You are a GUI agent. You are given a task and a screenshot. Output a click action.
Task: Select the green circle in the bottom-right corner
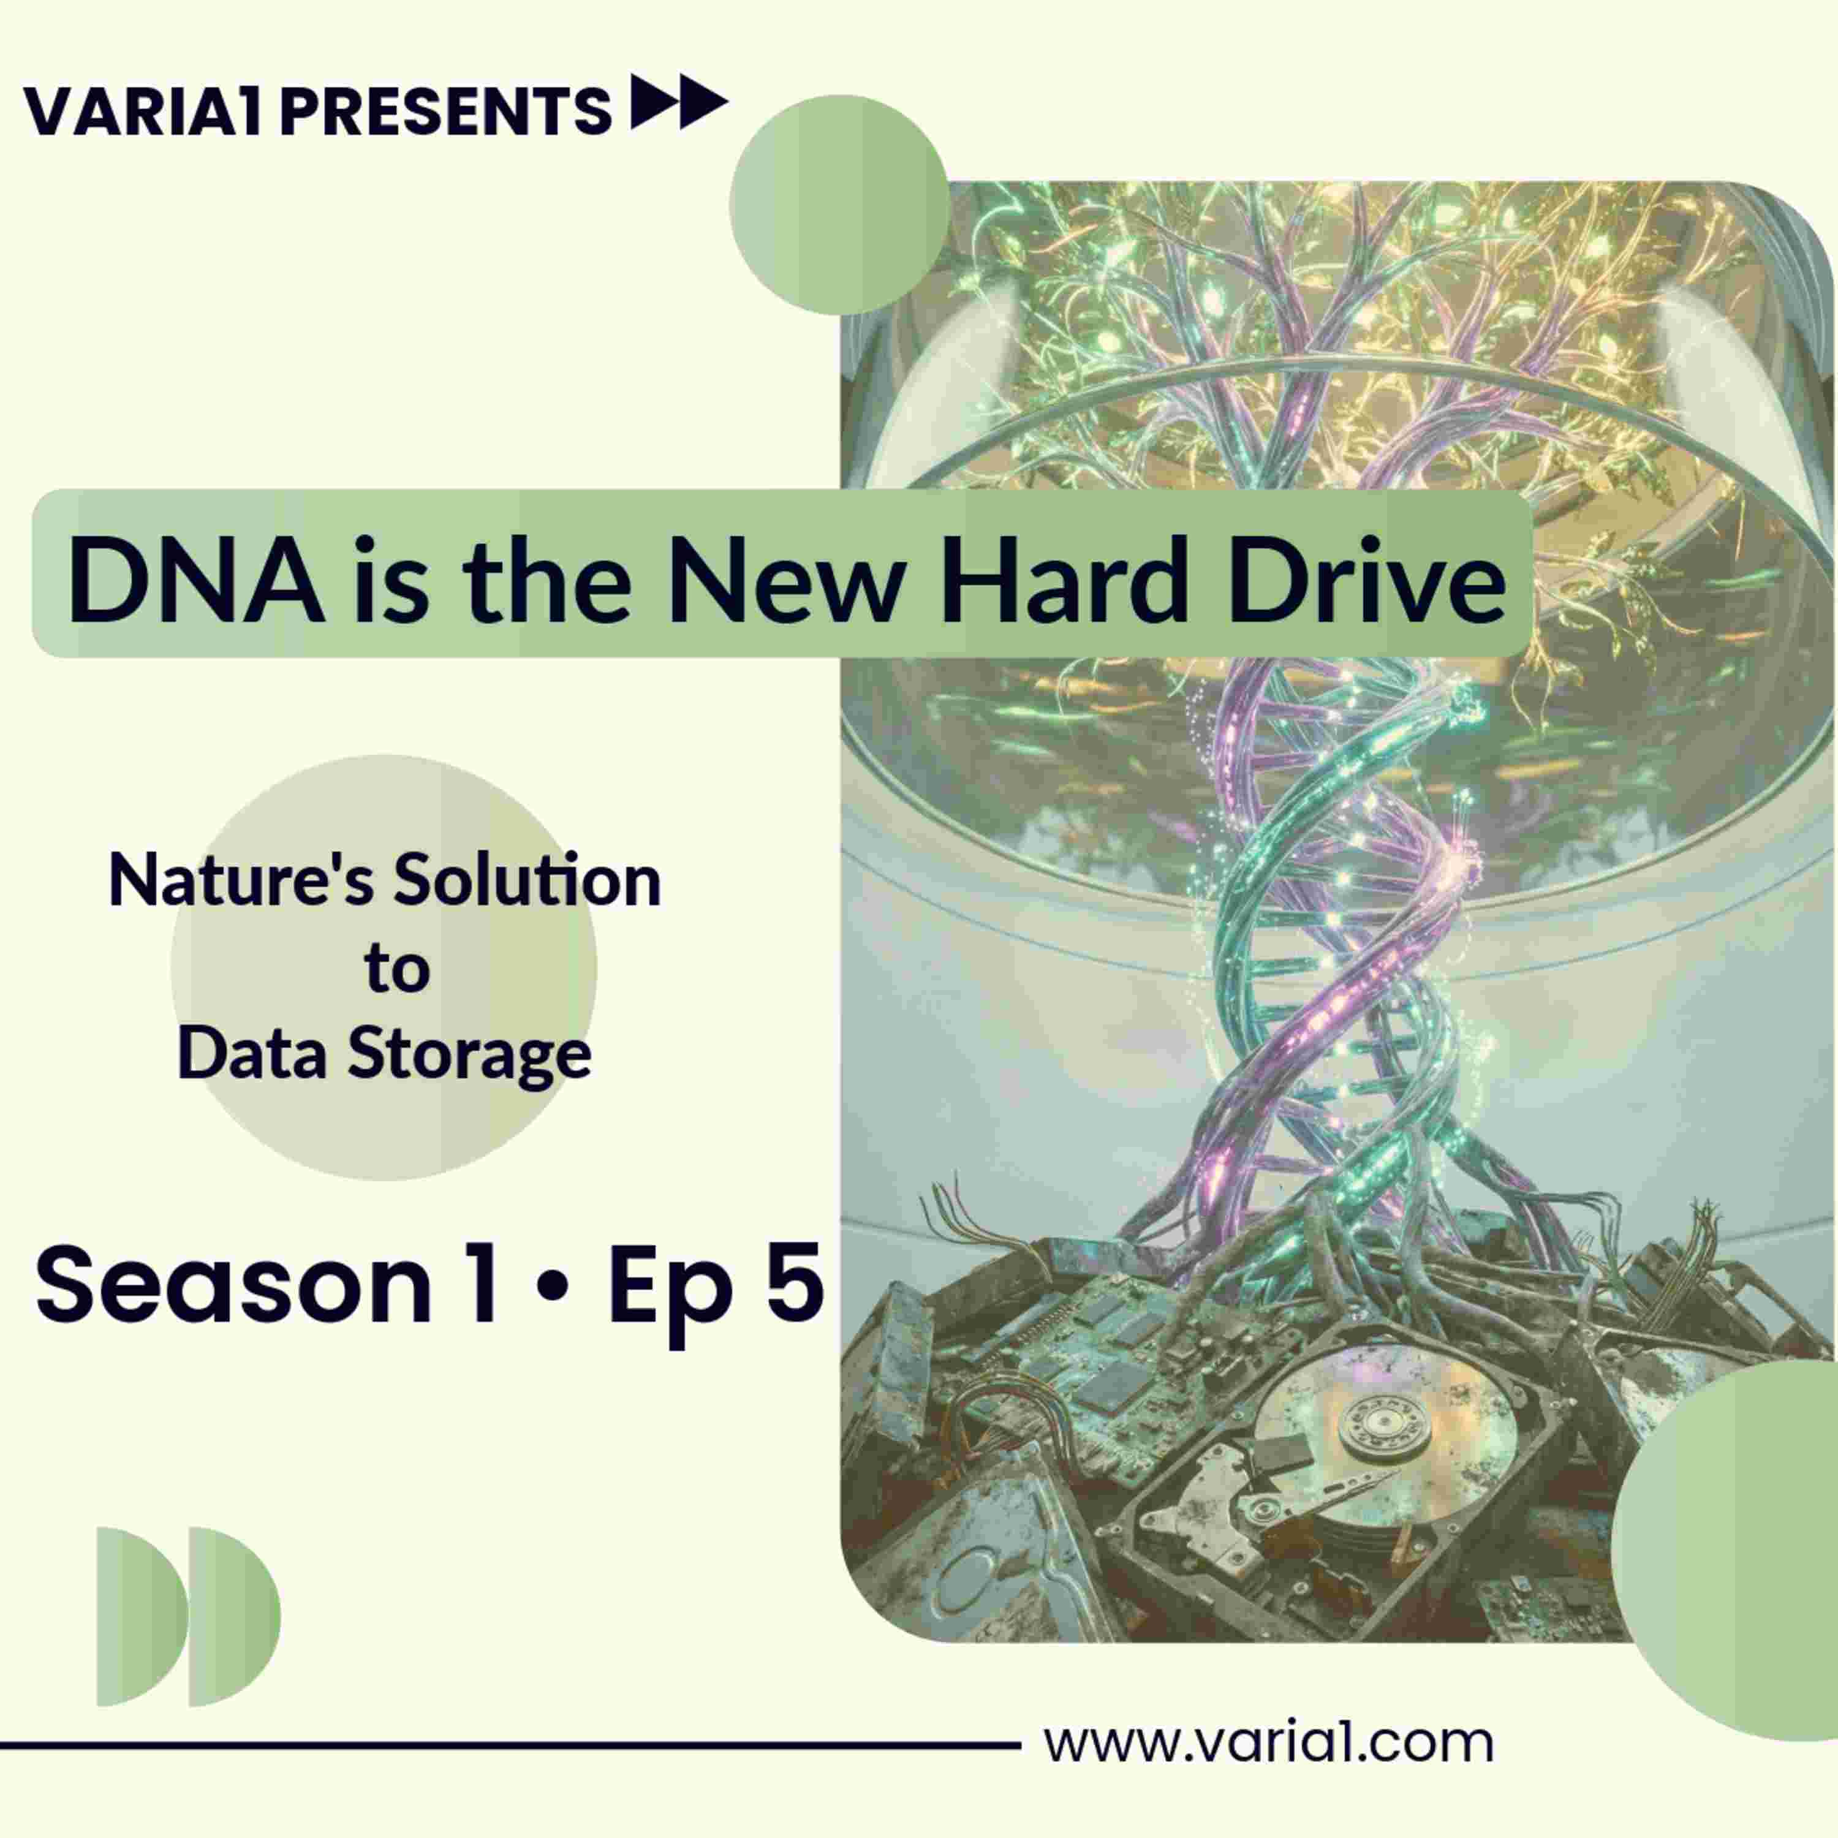1724,1551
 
